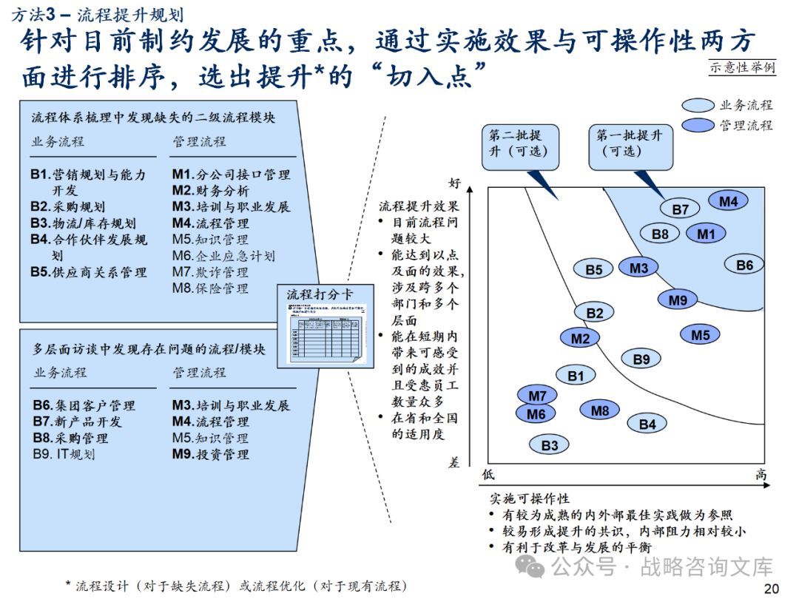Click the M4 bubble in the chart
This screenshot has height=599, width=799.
(x=728, y=200)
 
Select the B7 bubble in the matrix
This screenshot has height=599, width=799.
(x=680, y=209)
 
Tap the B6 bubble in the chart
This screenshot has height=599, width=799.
(x=744, y=265)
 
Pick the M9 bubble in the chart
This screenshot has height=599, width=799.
(x=678, y=299)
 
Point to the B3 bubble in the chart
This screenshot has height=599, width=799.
(x=549, y=445)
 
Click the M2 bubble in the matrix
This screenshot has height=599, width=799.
(x=580, y=339)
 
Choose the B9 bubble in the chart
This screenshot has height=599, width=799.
(x=641, y=359)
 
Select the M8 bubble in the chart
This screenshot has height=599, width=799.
(x=600, y=410)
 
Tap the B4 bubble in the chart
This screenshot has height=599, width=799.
(x=647, y=424)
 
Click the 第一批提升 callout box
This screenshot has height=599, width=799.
(x=630, y=143)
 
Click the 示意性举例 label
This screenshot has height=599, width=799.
(x=742, y=67)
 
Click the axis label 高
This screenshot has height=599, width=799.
(x=761, y=475)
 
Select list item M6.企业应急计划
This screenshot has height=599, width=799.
(x=223, y=256)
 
